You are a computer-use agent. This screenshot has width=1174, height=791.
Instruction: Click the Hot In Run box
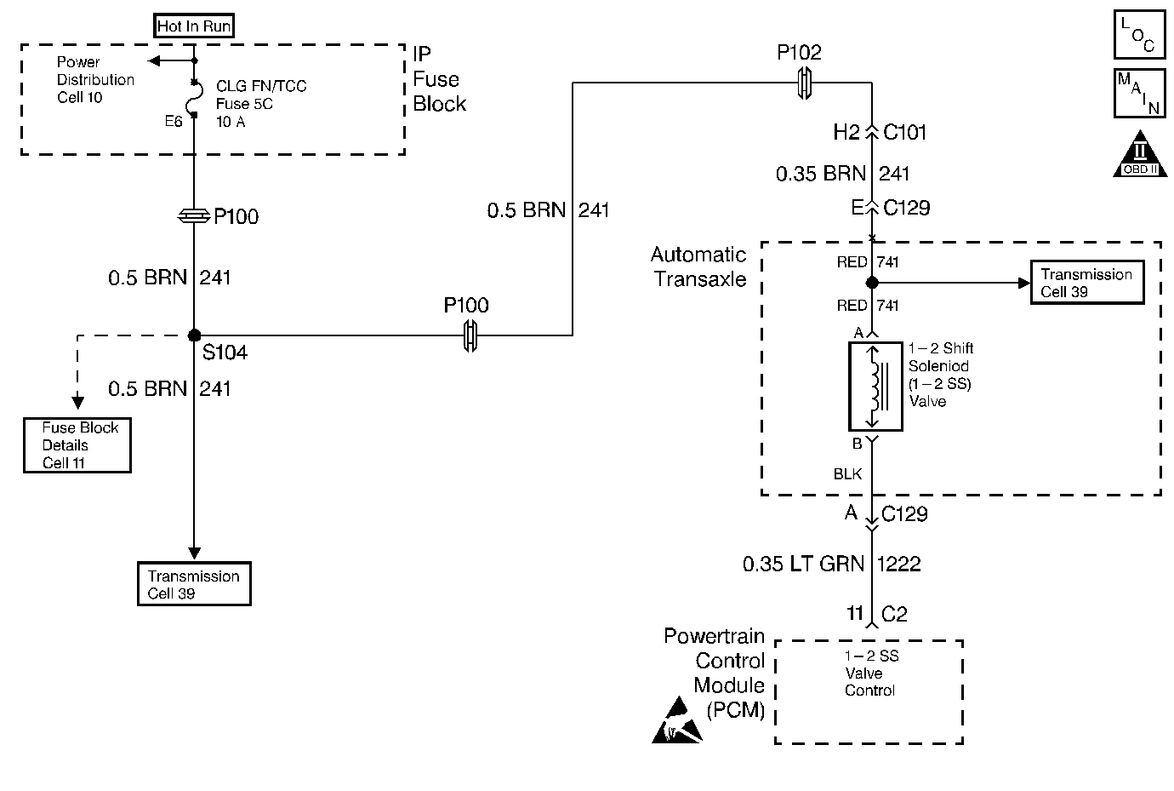194,26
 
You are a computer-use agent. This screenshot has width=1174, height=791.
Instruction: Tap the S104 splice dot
194,335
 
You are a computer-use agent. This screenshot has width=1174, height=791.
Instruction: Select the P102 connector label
799,53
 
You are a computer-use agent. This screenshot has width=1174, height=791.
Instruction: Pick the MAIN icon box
1138,93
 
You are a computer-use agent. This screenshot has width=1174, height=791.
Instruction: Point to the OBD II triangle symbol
1140,156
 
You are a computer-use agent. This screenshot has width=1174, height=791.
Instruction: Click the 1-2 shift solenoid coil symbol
875,386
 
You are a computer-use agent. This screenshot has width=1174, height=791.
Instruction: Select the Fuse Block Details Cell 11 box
77,445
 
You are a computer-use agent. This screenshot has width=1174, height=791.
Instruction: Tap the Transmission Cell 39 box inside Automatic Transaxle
1086,283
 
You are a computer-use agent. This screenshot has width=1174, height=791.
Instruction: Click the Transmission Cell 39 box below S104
194,584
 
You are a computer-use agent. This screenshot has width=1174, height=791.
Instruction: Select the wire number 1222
898,564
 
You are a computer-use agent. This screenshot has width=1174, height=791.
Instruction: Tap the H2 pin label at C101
846,132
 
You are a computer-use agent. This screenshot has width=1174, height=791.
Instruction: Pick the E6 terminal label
174,122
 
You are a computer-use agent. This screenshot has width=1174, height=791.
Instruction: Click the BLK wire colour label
848,474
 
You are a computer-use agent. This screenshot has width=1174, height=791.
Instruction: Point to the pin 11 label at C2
855,613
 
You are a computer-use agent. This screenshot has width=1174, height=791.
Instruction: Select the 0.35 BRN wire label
820,174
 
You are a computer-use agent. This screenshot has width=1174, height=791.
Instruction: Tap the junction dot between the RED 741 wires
872,283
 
